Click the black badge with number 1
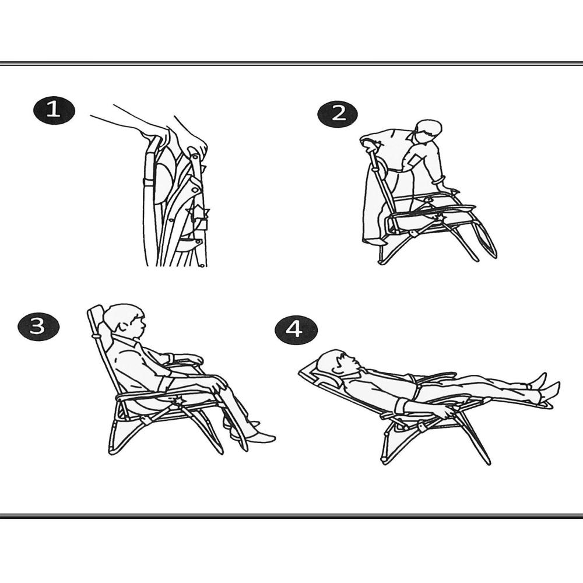(x=54, y=110)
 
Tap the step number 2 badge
(x=338, y=114)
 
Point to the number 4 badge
(x=296, y=330)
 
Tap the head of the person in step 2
(x=428, y=132)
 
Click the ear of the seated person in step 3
(x=122, y=327)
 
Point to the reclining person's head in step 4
(x=336, y=362)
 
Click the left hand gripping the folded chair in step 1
(x=155, y=133)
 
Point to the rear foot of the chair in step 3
(x=111, y=451)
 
